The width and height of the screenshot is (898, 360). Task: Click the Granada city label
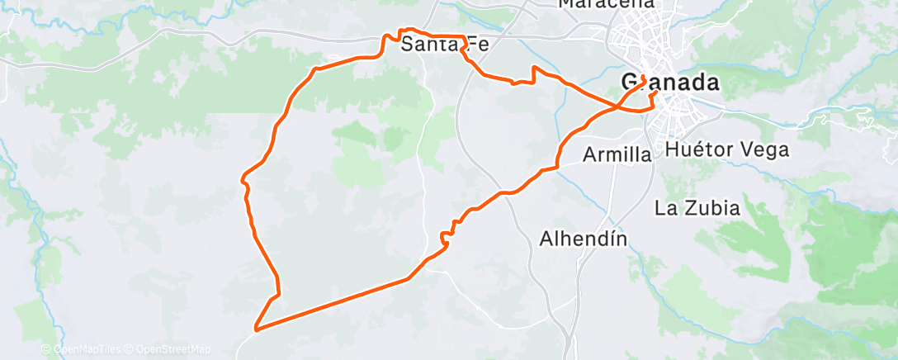669,83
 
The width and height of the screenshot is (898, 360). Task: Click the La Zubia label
697,207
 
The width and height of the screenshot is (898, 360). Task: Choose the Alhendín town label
584,239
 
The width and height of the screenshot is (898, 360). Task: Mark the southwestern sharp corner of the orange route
257,329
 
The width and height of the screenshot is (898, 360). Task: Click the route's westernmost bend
243,176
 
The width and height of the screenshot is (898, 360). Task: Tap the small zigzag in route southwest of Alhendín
445,239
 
